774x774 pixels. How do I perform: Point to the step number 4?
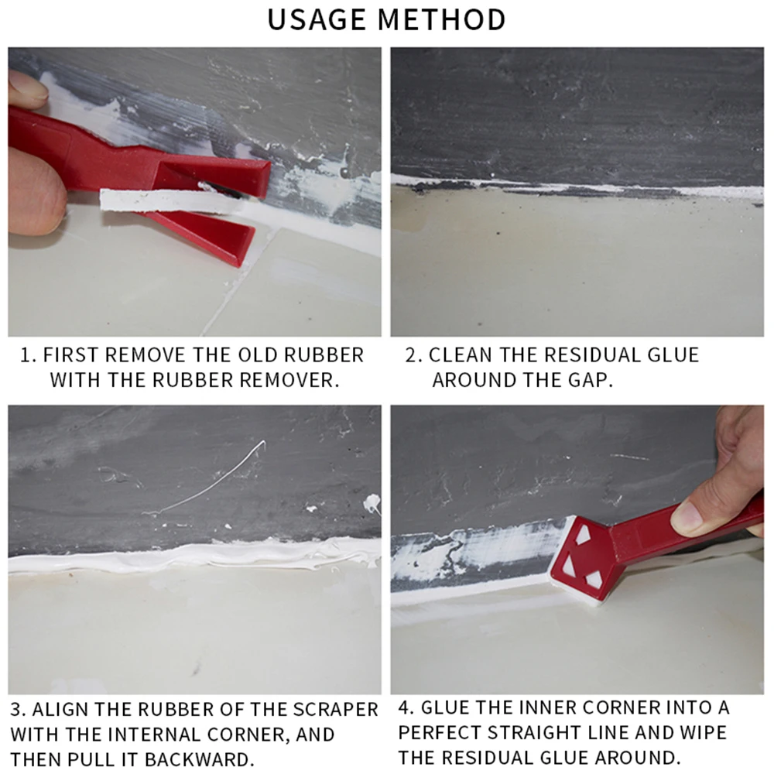pos(406,708)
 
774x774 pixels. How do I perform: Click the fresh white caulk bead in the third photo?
pos(193,557)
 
